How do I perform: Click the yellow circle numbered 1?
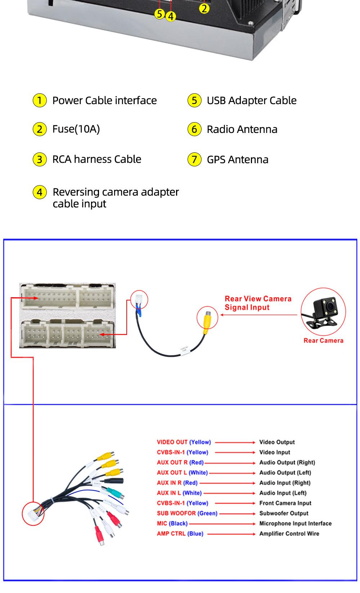pos(40,100)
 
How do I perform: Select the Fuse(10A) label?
pos(76,129)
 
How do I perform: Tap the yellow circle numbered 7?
pos(194,159)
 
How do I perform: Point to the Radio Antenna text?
pos(242,129)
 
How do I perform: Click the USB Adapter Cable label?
pos(251,101)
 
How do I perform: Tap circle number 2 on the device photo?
pos(204,8)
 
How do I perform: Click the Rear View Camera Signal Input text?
pos(258,303)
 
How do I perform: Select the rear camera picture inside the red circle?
pos(323,311)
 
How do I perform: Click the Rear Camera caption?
pos(323,340)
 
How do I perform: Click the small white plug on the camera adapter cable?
pos(139,299)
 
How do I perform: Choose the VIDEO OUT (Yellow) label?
pos(184,442)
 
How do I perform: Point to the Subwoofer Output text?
pos(284,513)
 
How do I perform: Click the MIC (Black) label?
pos(172,523)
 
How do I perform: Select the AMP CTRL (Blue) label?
pos(180,534)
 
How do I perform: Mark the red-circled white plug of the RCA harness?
pos(33,513)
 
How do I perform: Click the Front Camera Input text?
pos(285,503)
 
